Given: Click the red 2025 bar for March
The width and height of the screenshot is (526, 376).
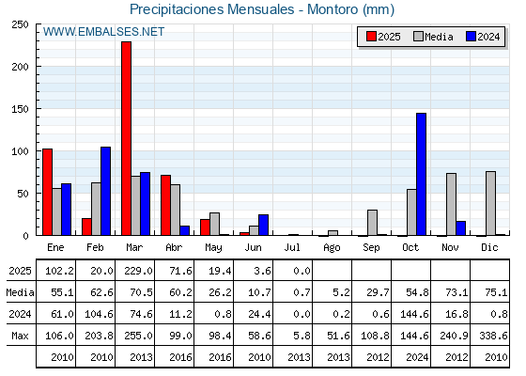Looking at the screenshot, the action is point(127,138).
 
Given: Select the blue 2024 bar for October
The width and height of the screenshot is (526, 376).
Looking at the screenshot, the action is point(422,174).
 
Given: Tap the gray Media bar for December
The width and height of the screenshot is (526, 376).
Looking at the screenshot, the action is point(490,203).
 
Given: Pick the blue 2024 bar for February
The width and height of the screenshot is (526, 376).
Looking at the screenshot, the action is point(105,191).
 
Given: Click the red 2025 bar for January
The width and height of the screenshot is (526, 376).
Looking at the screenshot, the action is point(48,192).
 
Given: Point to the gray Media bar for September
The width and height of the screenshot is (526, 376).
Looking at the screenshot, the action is point(372,223).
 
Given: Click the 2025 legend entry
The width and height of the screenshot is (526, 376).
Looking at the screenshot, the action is point(383,37).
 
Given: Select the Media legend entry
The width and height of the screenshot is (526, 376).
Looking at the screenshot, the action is point(433,37).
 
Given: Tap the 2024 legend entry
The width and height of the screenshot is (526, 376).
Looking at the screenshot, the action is point(483,37).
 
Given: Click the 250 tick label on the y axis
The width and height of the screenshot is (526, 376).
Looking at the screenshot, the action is point(20,24).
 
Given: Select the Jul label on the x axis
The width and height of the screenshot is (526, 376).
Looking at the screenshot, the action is point(292,247).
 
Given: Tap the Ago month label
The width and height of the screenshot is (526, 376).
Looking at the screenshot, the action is point(332,248).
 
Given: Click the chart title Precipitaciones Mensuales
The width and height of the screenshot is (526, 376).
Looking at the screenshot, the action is point(212,9).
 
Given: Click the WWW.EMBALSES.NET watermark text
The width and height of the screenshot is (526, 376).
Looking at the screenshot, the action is point(103,32).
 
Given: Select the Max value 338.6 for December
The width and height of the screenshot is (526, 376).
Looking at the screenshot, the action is point(493,336).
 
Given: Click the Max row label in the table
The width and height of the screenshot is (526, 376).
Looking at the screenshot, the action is point(20,336).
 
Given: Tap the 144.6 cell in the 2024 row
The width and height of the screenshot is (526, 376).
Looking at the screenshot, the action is point(414,314).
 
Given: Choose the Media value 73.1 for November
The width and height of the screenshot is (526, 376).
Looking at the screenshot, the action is point(456,292).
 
